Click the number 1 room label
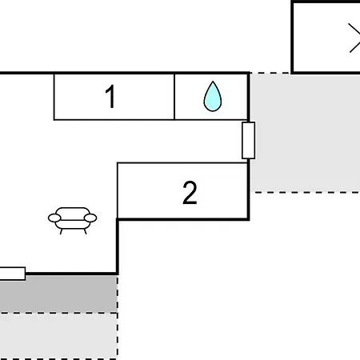click(x=110, y=96)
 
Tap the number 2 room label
click(x=190, y=193)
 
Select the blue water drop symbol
click(x=213, y=96)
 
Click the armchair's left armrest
click(x=54, y=218)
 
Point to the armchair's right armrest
click(x=90, y=218)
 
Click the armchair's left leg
click(x=62, y=231)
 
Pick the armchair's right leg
click(x=85, y=231)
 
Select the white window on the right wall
click(x=248, y=140)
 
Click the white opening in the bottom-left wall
click(x=13, y=274)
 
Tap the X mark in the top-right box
click(x=354, y=38)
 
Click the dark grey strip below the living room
click(x=58, y=294)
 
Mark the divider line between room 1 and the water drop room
click(x=174, y=97)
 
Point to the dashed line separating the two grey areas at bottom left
click(x=58, y=313)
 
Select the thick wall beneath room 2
click(x=183, y=219)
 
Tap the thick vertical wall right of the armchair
click(x=118, y=246)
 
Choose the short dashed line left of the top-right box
click(x=270, y=73)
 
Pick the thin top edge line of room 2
click(x=182, y=162)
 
